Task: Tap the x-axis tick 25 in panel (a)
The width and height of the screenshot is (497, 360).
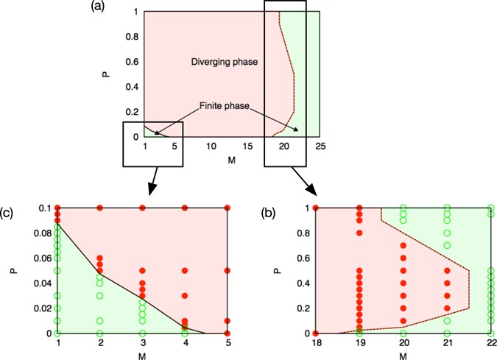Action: (320, 147)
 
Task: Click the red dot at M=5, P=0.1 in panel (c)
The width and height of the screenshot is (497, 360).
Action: (228, 208)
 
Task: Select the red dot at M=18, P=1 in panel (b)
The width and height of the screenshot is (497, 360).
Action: (316, 208)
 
